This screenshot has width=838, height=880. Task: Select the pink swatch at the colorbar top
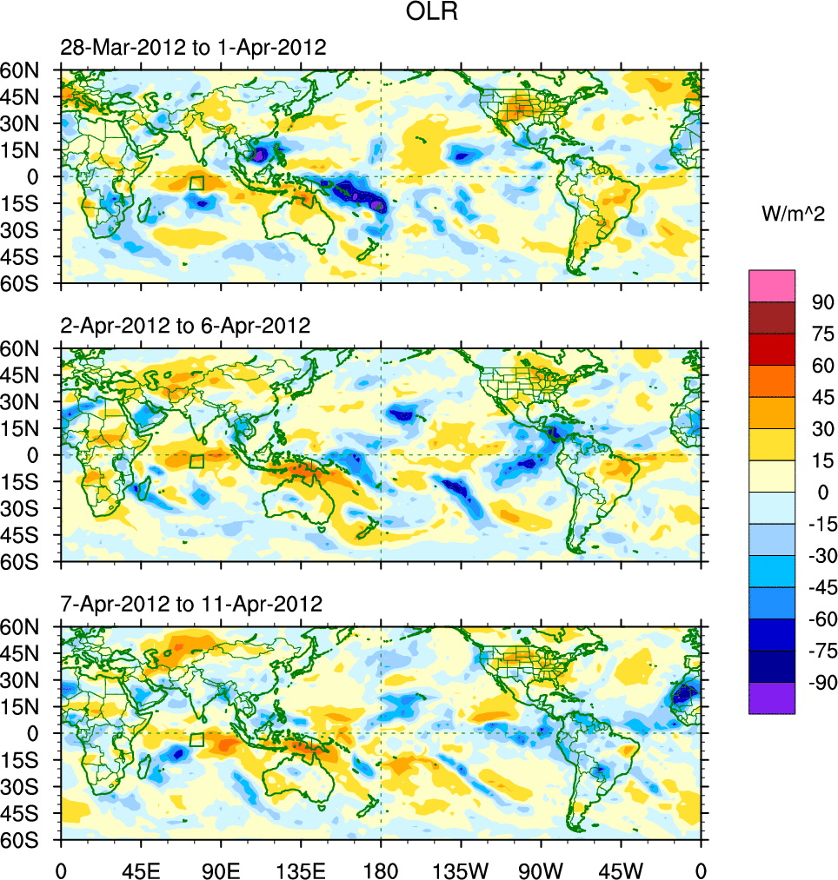pos(772,285)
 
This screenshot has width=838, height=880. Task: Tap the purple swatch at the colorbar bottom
pos(772,698)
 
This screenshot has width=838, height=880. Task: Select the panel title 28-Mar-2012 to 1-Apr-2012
pos(193,48)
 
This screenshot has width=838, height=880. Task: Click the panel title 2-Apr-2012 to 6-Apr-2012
pos(185,326)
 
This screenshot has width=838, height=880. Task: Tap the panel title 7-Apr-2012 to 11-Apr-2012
pos(191,604)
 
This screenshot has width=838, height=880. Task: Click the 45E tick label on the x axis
pos(141,869)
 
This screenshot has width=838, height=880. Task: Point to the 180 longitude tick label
pos(381,869)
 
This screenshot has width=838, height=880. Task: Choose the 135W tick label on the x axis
pos(461,869)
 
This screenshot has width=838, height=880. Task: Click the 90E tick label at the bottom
pos(221,869)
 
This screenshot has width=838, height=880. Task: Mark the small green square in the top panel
pos(196,183)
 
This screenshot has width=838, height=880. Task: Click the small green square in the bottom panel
pos(196,740)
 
